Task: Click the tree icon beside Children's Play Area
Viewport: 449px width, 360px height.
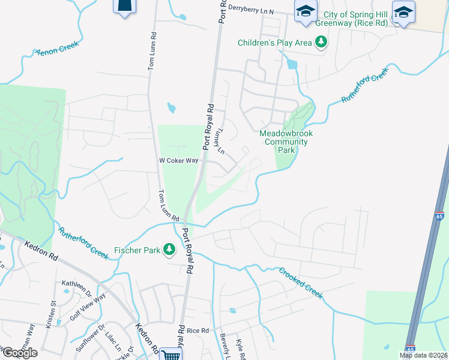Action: tap(322, 42)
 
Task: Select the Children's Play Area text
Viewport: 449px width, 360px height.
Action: tap(275, 43)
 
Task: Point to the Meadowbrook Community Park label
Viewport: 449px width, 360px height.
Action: tap(286, 142)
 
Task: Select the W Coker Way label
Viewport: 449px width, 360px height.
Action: tap(178, 161)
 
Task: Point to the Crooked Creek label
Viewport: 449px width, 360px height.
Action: tap(300, 283)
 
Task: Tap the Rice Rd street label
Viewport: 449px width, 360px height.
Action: tap(197, 331)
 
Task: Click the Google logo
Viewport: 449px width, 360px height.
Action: tap(20, 353)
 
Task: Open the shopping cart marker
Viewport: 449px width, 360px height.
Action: tap(171, 355)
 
